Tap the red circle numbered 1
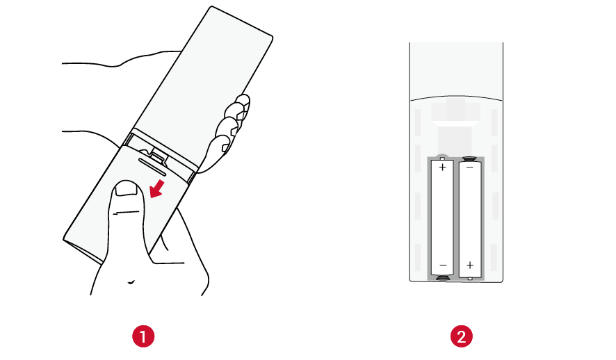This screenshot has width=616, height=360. pyautogui.click(x=143, y=336)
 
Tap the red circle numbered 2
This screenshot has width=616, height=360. pyautogui.click(x=461, y=336)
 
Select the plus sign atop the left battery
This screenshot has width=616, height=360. pyautogui.click(x=442, y=167)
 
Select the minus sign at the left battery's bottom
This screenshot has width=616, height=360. pyautogui.click(x=443, y=265)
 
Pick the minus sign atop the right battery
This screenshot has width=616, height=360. pyautogui.click(x=470, y=167)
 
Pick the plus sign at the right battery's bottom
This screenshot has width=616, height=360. pyautogui.click(x=470, y=265)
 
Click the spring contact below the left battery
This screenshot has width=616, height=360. pyautogui.click(x=443, y=278)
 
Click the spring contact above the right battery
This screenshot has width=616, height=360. pyautogui.click(x=469, y=158)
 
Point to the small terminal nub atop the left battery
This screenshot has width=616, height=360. pyautogui.click(x=442, y=158)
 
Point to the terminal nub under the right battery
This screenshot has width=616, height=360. pyautogui.click(x=470, y=279)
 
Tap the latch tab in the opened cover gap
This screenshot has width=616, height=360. pyautogui.click(x=156, y=155)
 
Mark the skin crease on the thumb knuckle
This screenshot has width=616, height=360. pyautogui.click(x=127, y=213)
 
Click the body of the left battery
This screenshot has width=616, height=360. pyautogui.click(x=442, y=217)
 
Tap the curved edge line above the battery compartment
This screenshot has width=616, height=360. pyautogui.click(x=456, y=96)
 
